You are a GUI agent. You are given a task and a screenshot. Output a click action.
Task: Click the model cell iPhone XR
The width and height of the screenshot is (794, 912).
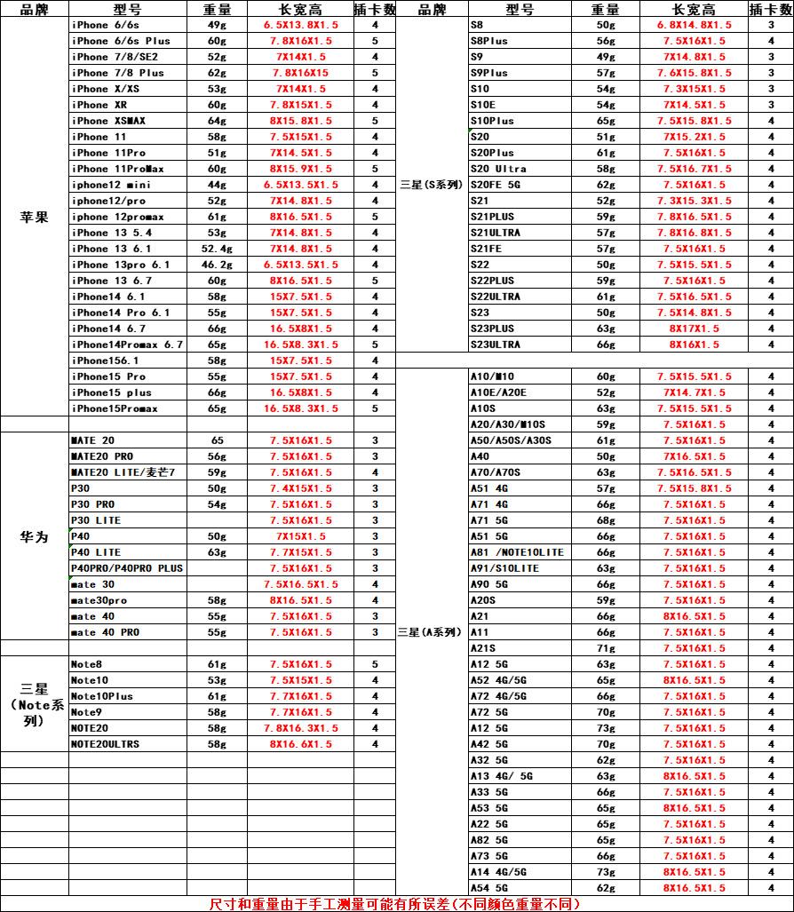(100, 105)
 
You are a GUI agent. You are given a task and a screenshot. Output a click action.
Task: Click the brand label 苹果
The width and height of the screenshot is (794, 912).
(35, 217)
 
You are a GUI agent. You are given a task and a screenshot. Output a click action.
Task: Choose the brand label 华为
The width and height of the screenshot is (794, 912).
(35, 536)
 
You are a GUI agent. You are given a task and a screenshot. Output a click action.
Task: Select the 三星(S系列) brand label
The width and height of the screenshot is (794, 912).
(431, 185)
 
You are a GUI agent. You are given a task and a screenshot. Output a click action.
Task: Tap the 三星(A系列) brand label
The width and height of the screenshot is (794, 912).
(431, 632)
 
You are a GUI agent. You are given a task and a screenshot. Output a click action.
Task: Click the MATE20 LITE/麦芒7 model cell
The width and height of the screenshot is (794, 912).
(123, 472)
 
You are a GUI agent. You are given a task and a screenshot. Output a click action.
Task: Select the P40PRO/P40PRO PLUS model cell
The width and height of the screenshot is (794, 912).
(127, 568)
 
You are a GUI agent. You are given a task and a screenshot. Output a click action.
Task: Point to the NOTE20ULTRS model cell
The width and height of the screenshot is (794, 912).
(105, 744)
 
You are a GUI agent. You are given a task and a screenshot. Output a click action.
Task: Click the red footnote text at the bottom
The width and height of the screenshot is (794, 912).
(394, 904)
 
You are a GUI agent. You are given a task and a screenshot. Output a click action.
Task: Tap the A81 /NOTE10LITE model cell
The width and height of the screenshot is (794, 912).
(516, 552)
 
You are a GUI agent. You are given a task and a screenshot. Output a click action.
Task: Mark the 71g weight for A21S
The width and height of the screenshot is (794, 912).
(606, 648)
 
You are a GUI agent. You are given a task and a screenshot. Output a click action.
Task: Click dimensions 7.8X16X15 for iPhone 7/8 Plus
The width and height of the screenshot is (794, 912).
(300, 73)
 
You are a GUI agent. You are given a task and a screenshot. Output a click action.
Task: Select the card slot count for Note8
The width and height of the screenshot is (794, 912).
(375, 664)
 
